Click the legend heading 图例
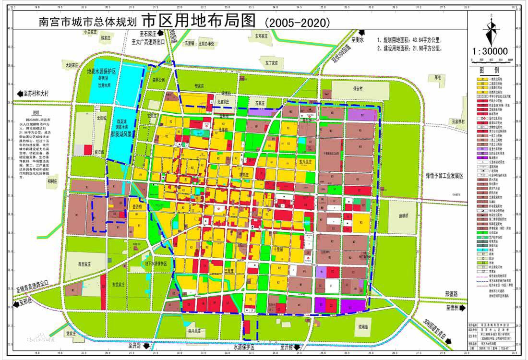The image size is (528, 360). click(491, 69)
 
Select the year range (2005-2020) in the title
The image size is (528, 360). click(297, 22)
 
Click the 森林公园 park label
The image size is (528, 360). click(158, 80)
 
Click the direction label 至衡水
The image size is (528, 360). click(358, 40)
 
